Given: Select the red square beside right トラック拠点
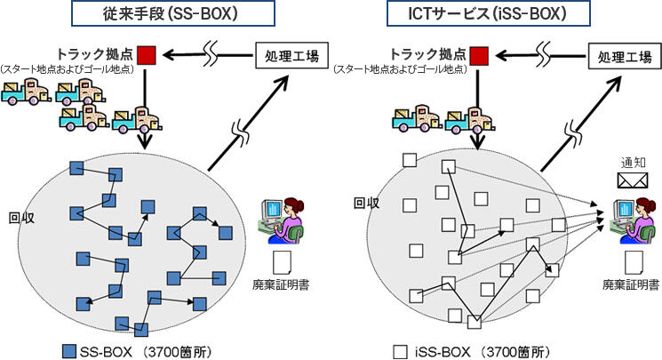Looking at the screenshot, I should [480, 56].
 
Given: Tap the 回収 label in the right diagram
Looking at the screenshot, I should [367, 203].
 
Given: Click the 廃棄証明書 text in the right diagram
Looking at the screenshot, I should [629, 285].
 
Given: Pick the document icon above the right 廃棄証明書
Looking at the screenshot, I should [632, 262].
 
